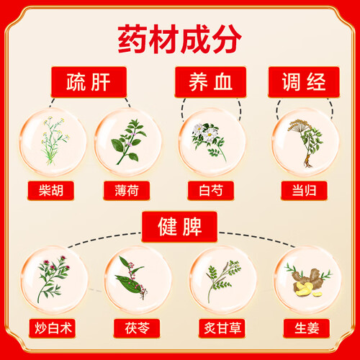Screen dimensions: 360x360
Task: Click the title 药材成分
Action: click(179, 39)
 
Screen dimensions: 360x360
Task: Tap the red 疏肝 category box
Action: click(89, 82)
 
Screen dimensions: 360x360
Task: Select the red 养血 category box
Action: click(210, 82)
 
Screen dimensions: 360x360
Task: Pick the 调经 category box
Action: click(304, 82)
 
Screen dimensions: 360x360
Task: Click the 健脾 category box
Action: click(179, 227)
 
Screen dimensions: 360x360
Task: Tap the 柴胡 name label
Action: click(51, 191)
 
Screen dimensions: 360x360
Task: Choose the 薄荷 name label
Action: click(127, 191)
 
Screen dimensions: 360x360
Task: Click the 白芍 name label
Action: click(211, 191)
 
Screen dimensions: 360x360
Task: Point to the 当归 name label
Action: click(304, 191)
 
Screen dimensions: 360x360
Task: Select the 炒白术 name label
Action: click(53, 328)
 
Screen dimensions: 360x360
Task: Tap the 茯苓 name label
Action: click(137, 328)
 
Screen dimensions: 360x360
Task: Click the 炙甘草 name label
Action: click(222, 328)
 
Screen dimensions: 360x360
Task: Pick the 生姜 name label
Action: click(307, 328)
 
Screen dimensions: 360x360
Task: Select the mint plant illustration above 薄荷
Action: click(129, 142)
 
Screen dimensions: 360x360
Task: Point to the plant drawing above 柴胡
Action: click(55, 141)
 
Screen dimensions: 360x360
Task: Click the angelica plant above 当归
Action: click(306, 143)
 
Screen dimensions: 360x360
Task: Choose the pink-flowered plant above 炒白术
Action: click(53, 279)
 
